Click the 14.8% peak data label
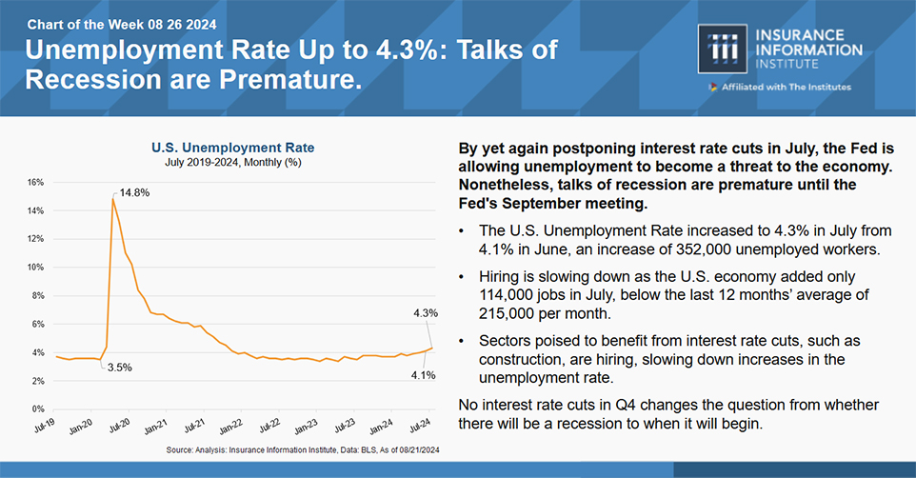[x=134, y=192]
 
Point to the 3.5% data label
[x=118, y=367]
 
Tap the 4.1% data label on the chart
[x=424, y=374]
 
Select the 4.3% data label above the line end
[x=425, y=312]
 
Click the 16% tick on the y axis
[x=36, y=182]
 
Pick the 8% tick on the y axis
[x=38, y=296]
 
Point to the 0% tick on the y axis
[x=38, y=409]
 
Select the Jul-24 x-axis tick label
[x=418, y=425]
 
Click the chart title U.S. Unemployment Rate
[x=233, y=148]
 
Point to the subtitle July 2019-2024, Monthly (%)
[x=233, y=164]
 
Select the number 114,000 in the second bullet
[x=520, y=295]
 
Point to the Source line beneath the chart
[x=303, y=448]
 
